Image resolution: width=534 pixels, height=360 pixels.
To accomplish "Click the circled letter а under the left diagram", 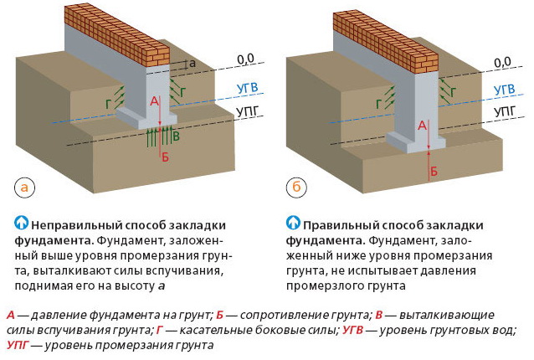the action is click(x=24, y=188).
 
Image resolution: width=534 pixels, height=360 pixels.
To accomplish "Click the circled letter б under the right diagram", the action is click(x=296, y=187).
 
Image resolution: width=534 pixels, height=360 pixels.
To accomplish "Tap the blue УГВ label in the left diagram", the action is click(x=247, y=88).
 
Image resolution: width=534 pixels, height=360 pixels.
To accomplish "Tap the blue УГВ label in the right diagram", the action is click(x=505, y=90).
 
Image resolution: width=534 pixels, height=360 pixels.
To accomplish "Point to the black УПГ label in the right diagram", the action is click(x=505, y=111).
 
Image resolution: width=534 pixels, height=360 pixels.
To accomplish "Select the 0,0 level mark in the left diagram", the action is click(x=245, y=59).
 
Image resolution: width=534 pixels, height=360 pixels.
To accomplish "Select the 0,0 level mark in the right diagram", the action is click(x=503, y=62).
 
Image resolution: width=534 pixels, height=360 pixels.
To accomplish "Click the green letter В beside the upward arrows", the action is click(x=176, y=136).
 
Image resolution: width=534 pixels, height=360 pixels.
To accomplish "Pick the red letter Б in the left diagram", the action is click(x=165, y=157).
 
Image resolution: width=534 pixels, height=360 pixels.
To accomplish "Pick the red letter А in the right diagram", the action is click(x=423, y=126).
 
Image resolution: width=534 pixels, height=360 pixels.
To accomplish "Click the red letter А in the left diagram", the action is click(x=154, y=101).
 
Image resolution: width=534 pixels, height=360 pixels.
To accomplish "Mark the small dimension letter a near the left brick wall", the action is click(x=193, y=64).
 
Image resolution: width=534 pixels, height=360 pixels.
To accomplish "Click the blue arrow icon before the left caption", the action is click(x=22, y=223).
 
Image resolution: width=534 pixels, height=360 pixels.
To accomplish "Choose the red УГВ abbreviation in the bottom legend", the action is click(x=352, y=330).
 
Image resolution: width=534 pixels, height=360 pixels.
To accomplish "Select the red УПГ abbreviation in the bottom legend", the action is click(x=18, y=346).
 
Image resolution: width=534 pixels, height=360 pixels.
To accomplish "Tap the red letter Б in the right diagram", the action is click(x=434, y=171).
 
